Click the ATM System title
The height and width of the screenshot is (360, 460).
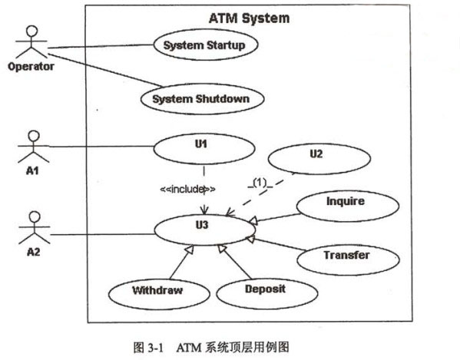(249, 18)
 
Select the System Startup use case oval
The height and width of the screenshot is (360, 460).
(206, 45)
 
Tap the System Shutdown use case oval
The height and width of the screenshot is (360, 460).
(203, 99)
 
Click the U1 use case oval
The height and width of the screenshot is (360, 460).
(204, 149)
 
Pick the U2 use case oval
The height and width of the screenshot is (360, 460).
(319, 158)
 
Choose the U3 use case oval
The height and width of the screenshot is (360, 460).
(204, 230)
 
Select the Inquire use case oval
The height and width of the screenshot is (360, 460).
(348, 206)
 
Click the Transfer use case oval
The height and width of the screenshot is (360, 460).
(348, 259)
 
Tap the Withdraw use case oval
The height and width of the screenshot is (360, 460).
(159, 294)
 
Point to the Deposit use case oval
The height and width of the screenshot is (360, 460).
(267, 293)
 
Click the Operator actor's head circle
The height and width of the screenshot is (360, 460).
(31, 31)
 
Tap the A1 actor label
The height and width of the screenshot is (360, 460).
(32, 170)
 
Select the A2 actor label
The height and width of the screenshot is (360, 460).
(34, 252)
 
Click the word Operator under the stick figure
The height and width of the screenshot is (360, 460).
(31, 67)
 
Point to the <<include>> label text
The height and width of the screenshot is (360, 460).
(187, 189)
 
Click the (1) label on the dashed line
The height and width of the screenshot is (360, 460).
(260, 183)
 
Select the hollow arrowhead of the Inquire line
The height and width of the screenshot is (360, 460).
(253, 220)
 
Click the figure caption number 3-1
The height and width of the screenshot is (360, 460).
(155, 348)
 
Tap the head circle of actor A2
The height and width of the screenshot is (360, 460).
(35, 217)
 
